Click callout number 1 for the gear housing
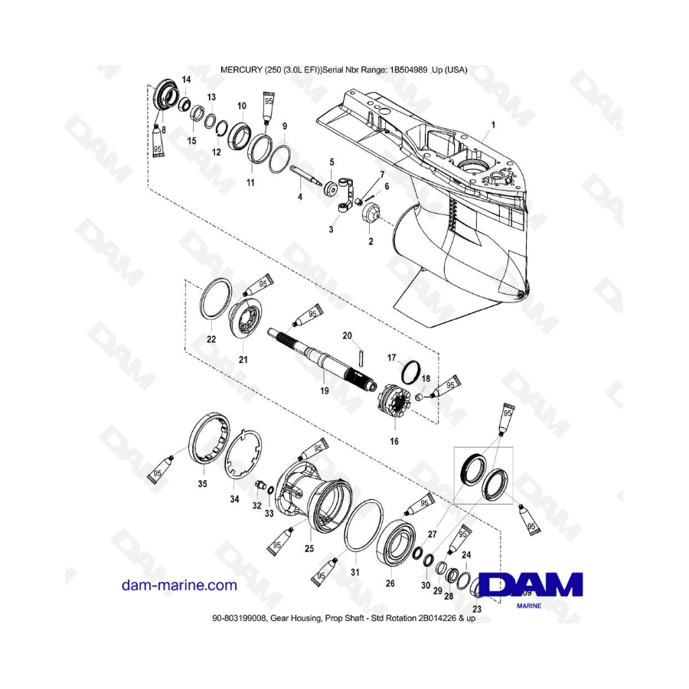tap(493, 124)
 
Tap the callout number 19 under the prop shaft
tap(324, 390)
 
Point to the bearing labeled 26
tap(400, 545)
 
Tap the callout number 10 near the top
tap(241, 106)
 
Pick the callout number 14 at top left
tap(186, 80)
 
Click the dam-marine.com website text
tap(179, 585)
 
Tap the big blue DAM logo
tap(531, 586)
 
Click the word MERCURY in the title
tap(243, 69)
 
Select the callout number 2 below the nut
tap(371, 242)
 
